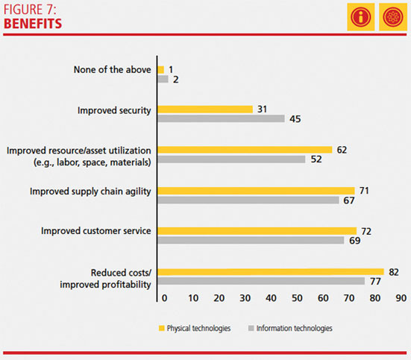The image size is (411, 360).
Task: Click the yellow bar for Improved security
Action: click(x=205, y=110)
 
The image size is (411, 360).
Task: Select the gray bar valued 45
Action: click(x=222, y=119)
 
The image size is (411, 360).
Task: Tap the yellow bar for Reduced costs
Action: click(x=271, y=272)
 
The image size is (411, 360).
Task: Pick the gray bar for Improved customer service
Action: click(x=251, y=240)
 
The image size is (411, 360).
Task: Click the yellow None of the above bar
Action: click(x=161, y=70)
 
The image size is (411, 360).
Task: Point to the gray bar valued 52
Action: click(x=231, y=160)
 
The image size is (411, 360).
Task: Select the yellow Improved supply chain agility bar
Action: click(x=256, y=191)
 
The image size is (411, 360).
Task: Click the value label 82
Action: click(x=394, y=272)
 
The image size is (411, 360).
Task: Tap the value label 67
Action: click(x=349, y=200)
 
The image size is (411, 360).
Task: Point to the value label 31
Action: click(x=262, y=110)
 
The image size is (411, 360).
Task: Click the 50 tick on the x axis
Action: click(x=297, y=298)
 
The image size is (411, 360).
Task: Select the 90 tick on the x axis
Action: click(x=401, y=298)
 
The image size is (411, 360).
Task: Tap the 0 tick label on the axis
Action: click(x=164, y=298)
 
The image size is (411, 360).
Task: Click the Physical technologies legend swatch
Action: click(x=161, y=328)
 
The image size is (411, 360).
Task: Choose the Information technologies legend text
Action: click(x=295, y=328)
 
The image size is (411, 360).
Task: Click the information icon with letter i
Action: click(x=361, y=17)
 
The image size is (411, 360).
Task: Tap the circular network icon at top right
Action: click(x=392, y=17)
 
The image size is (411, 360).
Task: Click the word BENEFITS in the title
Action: click(x=33, y=24)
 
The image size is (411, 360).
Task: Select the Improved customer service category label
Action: click(x=96, y=231)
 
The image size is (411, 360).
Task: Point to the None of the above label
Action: click(x=112, y=70)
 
